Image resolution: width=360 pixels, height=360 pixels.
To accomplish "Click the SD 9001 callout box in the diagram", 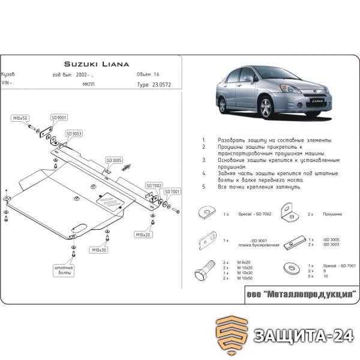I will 59,118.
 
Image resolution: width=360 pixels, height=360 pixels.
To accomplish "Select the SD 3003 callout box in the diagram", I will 74,134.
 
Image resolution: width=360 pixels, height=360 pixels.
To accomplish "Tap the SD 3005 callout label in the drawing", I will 114,160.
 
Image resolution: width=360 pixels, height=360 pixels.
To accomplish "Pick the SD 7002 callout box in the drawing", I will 154,185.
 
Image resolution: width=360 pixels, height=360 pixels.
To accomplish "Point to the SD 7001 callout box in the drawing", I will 172,192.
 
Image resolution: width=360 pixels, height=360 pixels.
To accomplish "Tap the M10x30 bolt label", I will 99,249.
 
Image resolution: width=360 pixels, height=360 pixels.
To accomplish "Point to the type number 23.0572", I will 157,85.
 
